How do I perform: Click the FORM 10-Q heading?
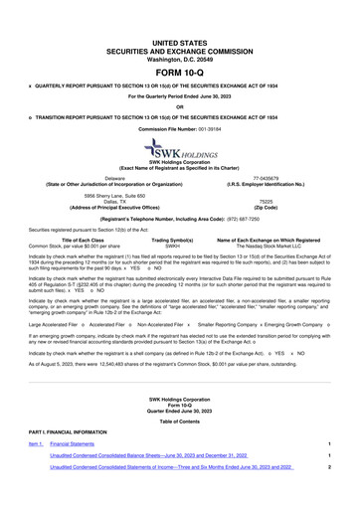(179, 45)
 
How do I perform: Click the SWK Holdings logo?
(179, 149)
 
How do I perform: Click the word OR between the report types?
(179, 107)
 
